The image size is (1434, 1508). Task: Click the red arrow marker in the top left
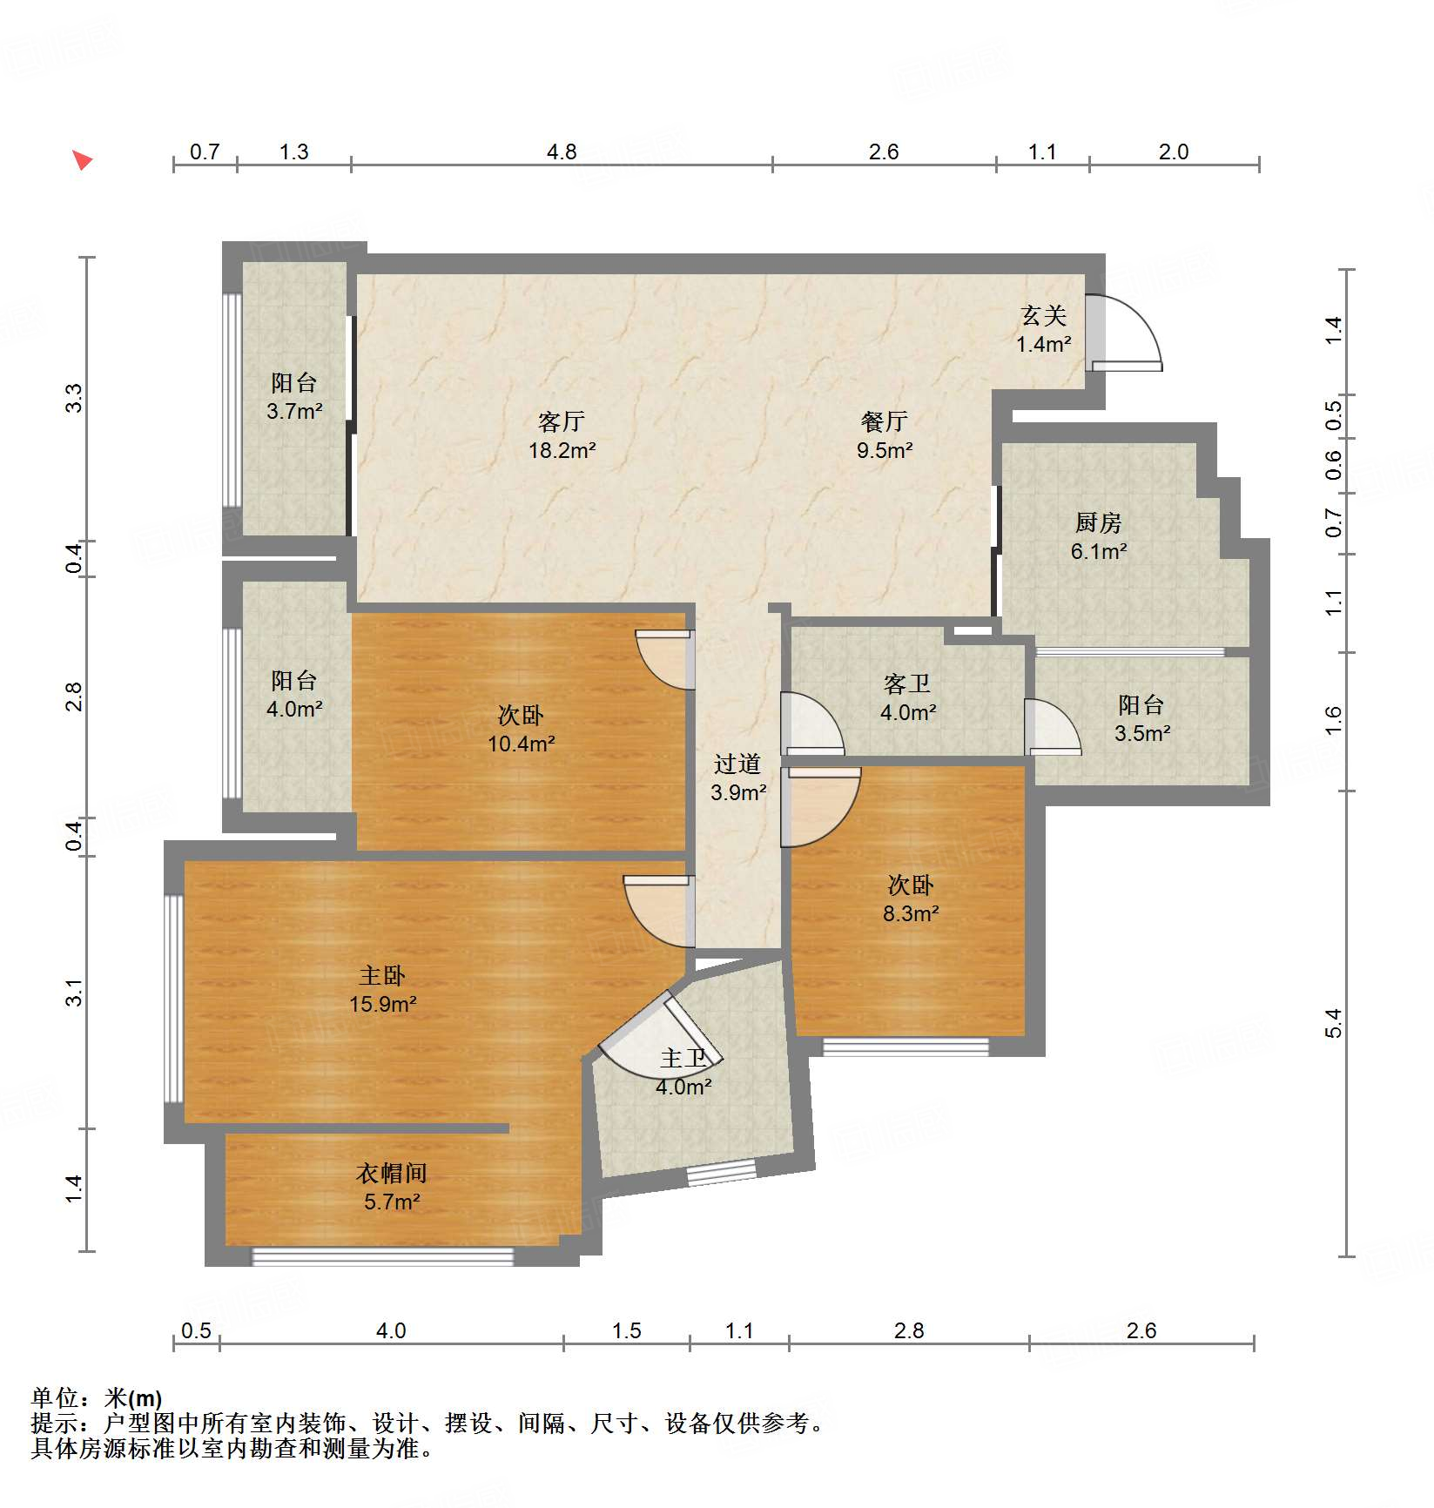point(82,160)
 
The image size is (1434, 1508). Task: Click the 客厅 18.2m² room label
point(562,435)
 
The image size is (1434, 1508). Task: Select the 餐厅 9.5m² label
point(884,435)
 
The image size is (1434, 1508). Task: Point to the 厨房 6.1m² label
point(1098,536)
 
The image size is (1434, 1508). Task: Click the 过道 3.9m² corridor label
point(737,778)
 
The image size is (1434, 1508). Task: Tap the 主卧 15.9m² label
point(382,989)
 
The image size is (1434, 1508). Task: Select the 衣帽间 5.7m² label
point(392,1187)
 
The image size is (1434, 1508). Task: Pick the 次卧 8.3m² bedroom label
point(910,899)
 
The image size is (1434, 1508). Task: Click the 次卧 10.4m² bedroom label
point(521,729)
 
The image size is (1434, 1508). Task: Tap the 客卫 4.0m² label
point(907,697)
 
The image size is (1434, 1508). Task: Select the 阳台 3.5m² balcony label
point(1141,718)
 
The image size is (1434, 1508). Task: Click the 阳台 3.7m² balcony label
point(294,396)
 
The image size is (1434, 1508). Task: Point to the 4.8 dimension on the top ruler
point(562,152)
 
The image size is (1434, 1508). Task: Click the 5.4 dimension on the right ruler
point(1333,1023)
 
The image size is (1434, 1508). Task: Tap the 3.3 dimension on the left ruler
point(75,398)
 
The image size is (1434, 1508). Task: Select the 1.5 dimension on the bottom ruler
point(626,1330)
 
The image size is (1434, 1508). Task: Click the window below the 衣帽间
point(382,1256)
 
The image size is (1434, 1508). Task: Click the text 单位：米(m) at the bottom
point(97,1398)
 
